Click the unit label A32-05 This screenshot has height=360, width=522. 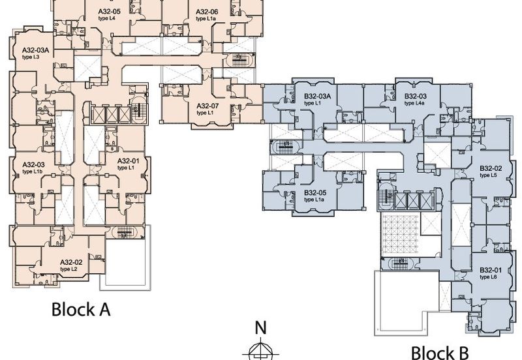pyautogui.click(x=109, y=12)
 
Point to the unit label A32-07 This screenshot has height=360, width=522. pyautogui.click(x=207, y=106)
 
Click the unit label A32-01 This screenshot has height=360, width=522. pyautogui.click(x=128, y=161)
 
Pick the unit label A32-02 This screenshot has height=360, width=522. pyautogui.click(x=70, y=262)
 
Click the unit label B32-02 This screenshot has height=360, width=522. pyautogui.click(x=490, y=168)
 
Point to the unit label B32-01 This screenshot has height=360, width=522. pyautogui.click(x=490, y=270)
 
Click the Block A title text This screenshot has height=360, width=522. pyautogui.click(x=80, y=310)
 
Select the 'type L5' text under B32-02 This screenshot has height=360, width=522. pyautogui.click(x=488, y=175)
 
